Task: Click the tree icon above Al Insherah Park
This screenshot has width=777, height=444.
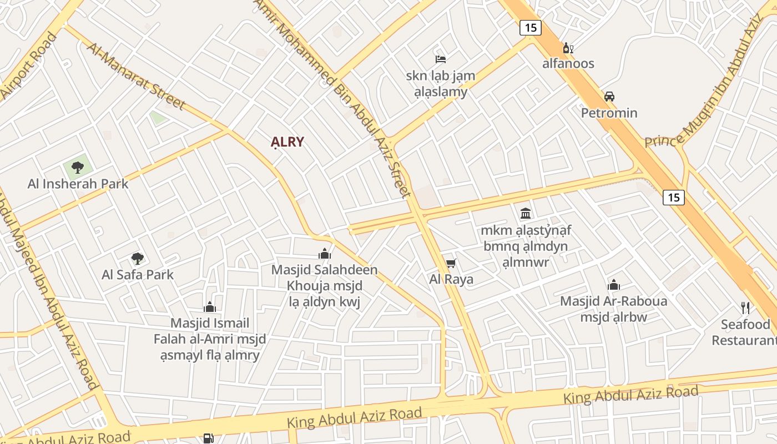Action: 78,167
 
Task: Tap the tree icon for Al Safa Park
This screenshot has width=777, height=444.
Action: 138,258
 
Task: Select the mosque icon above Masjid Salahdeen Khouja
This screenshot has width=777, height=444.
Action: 325,254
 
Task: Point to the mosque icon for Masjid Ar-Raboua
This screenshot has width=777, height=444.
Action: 614,285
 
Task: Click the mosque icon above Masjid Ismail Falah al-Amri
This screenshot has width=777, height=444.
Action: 210,307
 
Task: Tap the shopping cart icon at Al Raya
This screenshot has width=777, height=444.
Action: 451,263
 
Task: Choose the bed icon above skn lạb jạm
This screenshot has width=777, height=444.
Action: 441,59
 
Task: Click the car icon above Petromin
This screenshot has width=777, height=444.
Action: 609,97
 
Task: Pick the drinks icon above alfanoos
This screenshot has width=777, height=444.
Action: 568,48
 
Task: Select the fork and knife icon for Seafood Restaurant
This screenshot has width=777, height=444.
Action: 745,308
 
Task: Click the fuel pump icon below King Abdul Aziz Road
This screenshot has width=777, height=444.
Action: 208,438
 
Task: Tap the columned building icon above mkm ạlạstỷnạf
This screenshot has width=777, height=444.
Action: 526,213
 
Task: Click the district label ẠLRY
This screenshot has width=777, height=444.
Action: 287,142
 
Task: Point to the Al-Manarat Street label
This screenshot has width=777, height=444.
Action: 135,75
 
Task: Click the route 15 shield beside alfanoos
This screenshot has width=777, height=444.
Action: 531,28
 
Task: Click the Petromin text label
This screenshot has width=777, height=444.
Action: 609,113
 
